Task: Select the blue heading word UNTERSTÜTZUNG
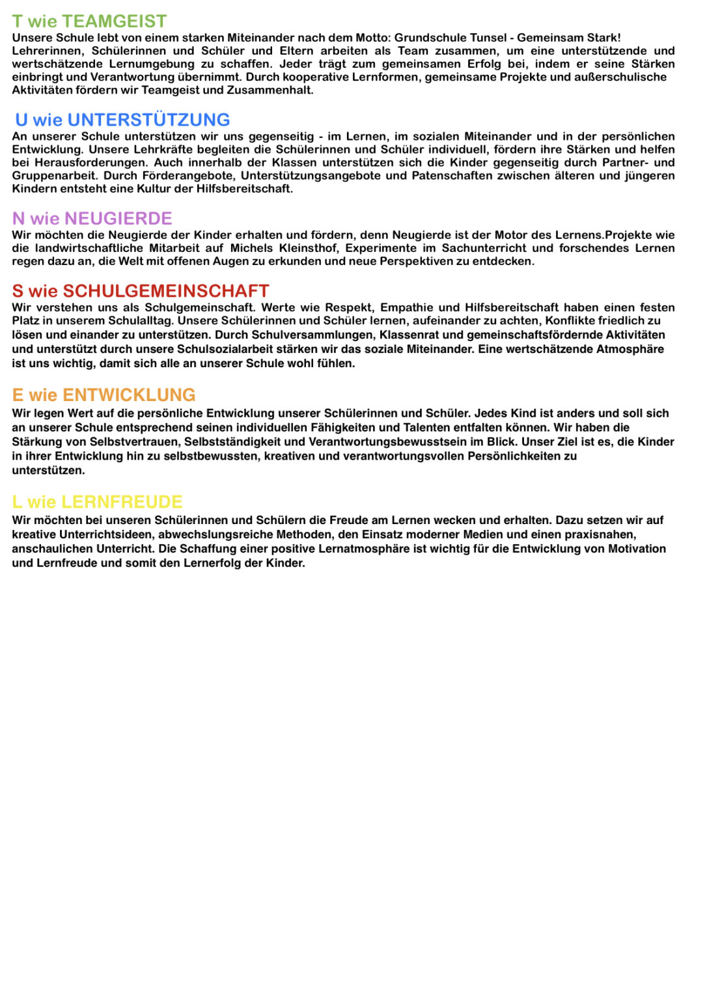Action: point(148,120)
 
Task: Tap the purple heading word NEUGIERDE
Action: point(118,218)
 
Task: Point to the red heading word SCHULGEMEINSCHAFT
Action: point(166,290)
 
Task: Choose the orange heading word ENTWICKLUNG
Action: point(129,395)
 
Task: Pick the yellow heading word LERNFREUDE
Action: point(122,502)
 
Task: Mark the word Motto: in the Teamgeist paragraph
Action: point(372,38)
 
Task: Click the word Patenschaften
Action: point(451,176)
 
